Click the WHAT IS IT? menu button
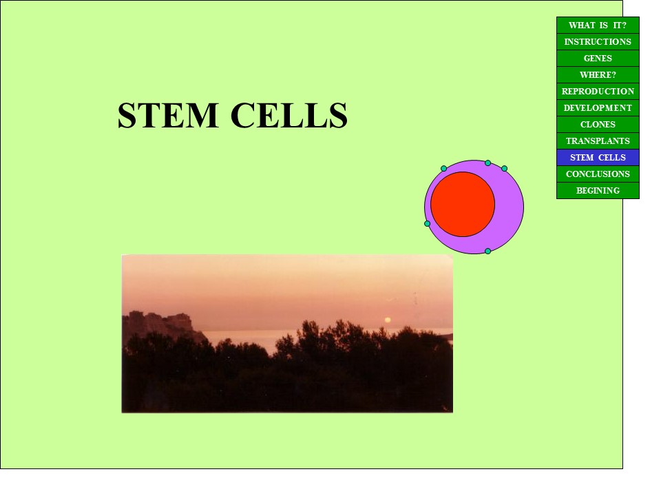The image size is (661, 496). click(598, 25)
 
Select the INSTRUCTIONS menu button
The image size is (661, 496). click(598, 42)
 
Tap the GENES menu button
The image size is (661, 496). click(598, 58)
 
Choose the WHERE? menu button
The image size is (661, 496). click(598, 74)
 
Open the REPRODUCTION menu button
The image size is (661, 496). click(598, 91)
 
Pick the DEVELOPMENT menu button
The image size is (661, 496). click(598, 108)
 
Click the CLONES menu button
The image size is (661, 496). click(598, 125)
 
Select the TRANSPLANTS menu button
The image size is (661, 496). click(598, 141)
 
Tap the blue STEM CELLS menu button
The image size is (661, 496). click(598, 157)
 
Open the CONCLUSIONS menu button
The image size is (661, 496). click(598, 174)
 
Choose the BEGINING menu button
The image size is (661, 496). click(598, 190)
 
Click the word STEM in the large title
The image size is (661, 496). click(168, 115)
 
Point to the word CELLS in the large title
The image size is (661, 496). click(289, 115)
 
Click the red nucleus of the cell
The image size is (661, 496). click(463, 204)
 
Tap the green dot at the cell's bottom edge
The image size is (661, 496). click(487, 251)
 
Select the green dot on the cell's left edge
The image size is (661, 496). click(427, 223)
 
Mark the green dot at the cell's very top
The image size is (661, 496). click(487, 163)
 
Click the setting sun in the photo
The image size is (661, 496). click(388, 320)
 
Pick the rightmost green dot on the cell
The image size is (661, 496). click(504, 168)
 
